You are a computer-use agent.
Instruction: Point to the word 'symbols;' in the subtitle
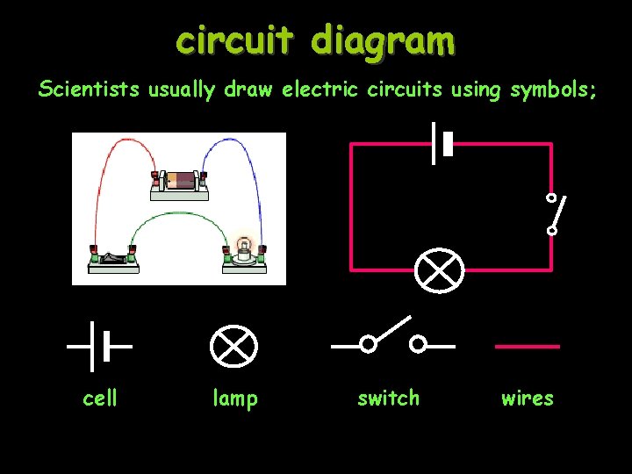(552, 90)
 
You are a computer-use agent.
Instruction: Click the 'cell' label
(100, 399)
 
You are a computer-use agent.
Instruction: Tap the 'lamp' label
(235, 399)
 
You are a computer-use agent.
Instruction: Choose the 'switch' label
(389, 399)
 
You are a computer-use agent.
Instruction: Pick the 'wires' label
(528, 399)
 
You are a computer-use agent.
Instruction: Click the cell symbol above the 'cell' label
(99, 346)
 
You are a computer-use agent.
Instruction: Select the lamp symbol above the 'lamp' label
(234, 347)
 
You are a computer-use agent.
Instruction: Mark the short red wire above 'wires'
(528, 347)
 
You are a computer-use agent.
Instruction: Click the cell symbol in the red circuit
(441, 143)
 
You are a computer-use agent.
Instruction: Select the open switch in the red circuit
(553, 213)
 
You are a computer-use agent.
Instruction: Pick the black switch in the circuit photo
(111, 256)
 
